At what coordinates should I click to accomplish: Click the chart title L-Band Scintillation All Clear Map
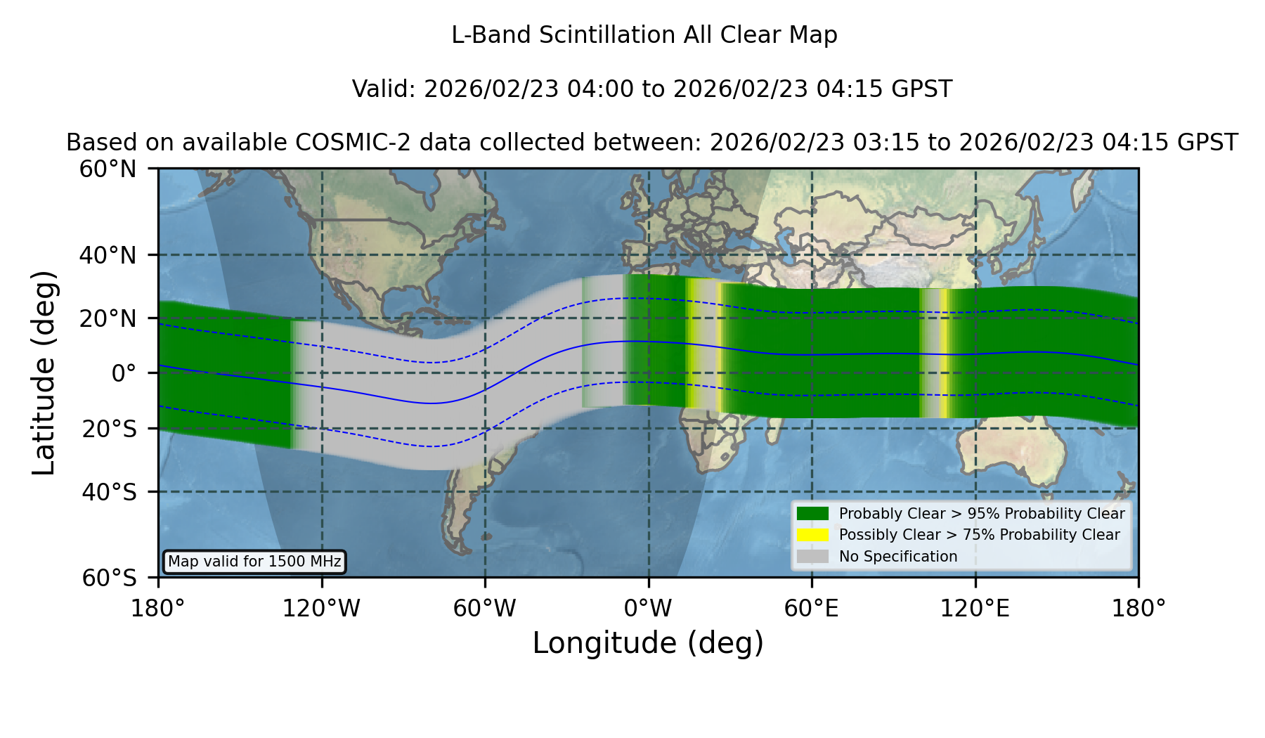pyautogui.click(x=644, y=35)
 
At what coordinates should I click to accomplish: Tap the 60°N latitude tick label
pyautogui.click(x=108, y=169)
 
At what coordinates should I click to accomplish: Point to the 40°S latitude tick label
pyautogui.click(x=110, y=492)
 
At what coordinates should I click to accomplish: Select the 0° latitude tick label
pyautogui.click(x=124, y=373)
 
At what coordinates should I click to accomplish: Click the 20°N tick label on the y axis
pyautogui.click(x=108, y=318)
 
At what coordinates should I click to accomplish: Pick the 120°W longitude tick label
pyautogui.click(x=321, y=608)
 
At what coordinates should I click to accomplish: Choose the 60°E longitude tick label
pyautogui.click(x=812, y=608)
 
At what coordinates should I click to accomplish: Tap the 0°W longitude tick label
pyautogui.click(x=648, y=608)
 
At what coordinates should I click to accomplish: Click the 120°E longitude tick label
pyautogui.click(x=975, y=608)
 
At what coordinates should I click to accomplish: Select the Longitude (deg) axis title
pyautogui.click(x=648, y=643)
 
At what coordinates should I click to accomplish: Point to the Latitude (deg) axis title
pyautogui.click(x=44, y=373)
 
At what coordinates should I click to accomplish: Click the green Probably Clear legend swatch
pyautogui.click(x=812, y=514)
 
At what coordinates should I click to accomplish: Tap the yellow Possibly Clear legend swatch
pyautogui.click(x=812, y=535)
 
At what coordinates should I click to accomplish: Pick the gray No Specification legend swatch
pyautogui.click(x=812, y=557)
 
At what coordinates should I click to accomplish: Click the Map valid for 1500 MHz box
pyautogui.click(x=254, y=562)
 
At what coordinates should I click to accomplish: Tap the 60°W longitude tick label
pyautogui.click(x=485, y=608)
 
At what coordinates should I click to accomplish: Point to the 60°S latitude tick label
pyautogui.click(x=110, y=578)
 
